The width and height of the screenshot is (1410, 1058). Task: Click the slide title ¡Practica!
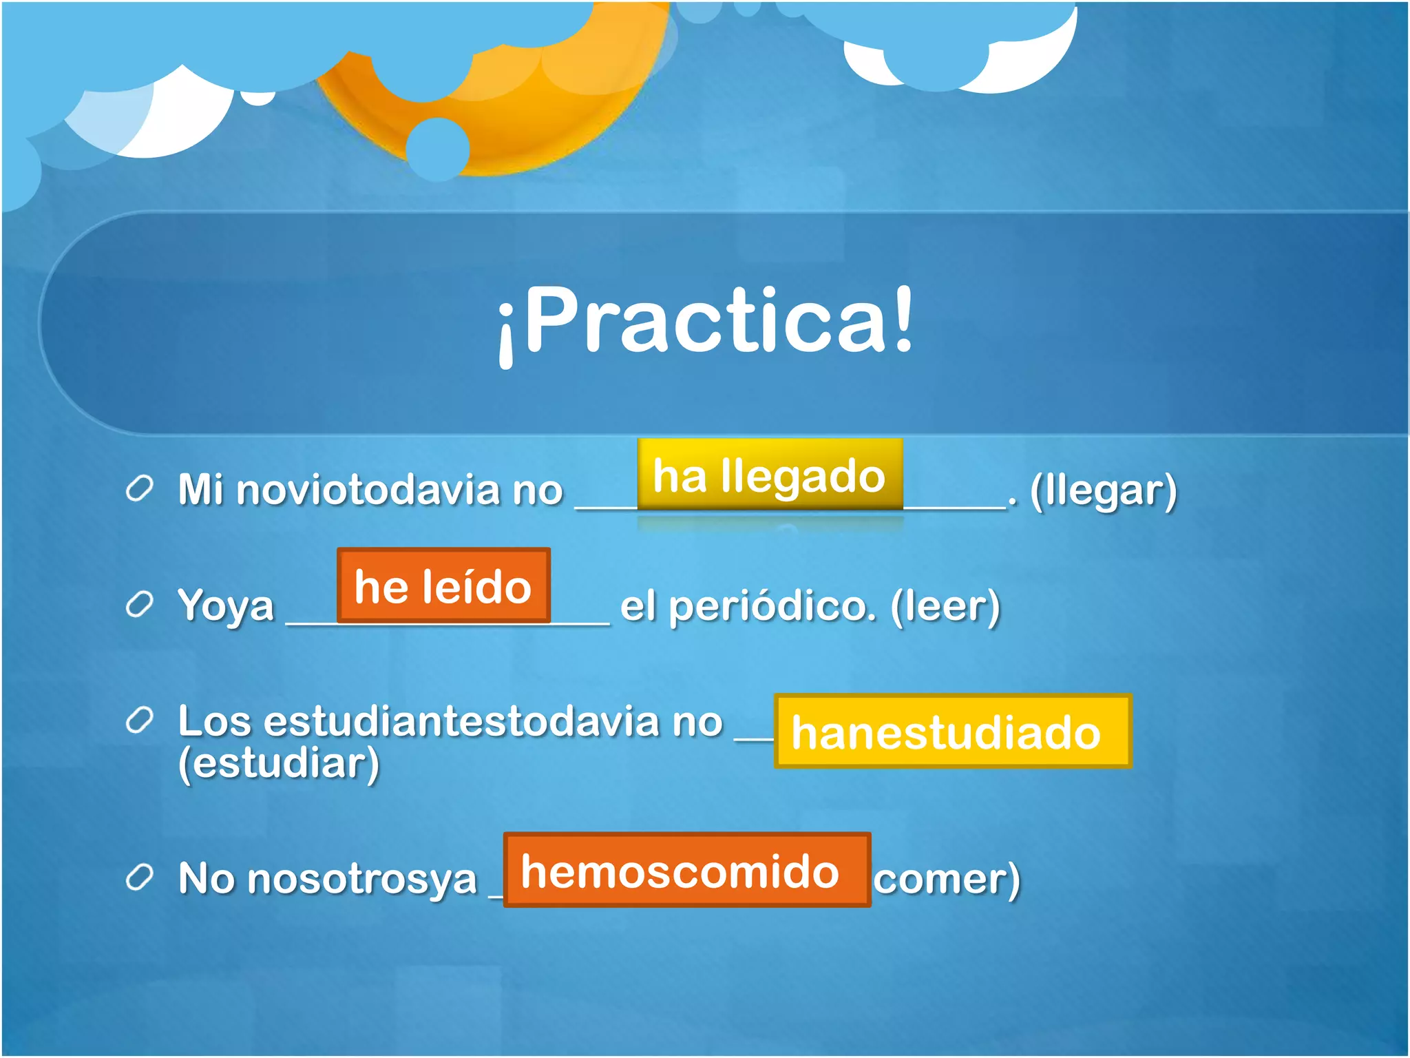click(705, 322)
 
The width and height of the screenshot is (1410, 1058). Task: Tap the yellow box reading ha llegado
click(769, 475)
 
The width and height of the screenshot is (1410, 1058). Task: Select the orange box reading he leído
click(443, 586)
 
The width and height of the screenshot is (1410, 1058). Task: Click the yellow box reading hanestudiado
click(952, 732)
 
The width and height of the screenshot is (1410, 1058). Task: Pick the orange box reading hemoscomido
click(686, 871)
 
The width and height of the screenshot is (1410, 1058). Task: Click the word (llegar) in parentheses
click(1103, 490)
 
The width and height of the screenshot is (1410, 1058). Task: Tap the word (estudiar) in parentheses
click(279, 763)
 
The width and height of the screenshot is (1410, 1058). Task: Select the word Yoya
click(226, 606)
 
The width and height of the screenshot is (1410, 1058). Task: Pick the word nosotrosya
click(361, 879)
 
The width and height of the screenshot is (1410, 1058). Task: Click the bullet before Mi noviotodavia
click(139, 488)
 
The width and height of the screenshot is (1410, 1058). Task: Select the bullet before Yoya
click(139, 605)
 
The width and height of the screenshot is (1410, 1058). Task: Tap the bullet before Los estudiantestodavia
click(139, 720)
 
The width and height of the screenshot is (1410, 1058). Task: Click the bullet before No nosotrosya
click(139, 878)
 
